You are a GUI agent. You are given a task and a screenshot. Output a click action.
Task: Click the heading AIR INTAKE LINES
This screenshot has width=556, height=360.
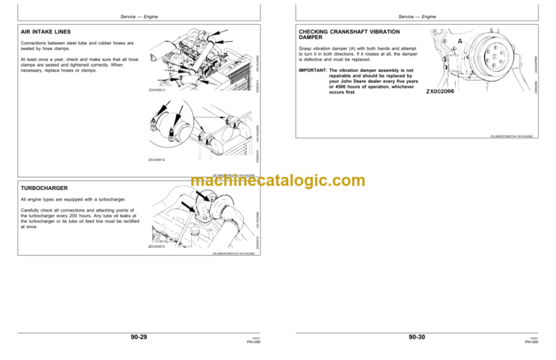click(48, 32)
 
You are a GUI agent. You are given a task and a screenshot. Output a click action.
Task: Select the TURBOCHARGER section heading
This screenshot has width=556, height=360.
click(45, 186)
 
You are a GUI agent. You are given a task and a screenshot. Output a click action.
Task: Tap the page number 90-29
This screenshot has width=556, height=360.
click(135, 336)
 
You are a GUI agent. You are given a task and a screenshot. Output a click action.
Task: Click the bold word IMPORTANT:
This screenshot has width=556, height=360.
click(313, 70)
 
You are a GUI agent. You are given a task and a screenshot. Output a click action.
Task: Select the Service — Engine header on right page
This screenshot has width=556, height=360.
click(419, 16)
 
